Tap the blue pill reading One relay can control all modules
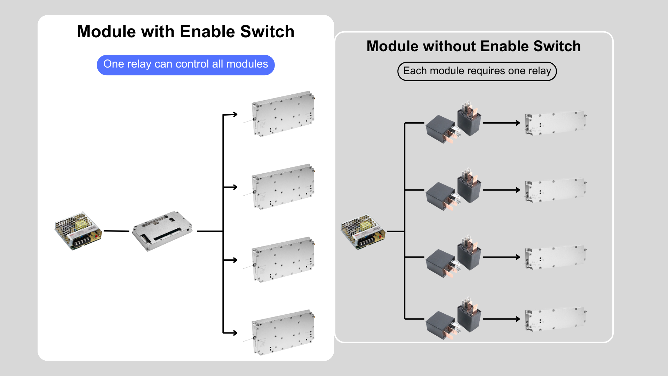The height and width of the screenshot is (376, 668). [x=185, y=65]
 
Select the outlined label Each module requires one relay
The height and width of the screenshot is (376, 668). [x=477, y=71]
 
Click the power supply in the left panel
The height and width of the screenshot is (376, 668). [x=78, y=230]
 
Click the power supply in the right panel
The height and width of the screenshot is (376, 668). [x=363, y=232]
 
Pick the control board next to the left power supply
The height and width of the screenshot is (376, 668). [x=162, y=230]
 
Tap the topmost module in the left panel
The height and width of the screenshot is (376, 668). [x=283, y=114]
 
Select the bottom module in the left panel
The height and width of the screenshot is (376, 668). [x=283, y=332]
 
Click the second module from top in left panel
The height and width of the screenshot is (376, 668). [x=283, y=187]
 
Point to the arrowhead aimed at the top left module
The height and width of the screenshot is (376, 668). [x=235, y=114]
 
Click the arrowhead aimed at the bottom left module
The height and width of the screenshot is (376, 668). [x=235, y=333]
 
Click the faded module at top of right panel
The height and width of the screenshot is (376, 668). [x=555, y=123]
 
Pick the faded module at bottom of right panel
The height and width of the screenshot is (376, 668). [x=555, y=319]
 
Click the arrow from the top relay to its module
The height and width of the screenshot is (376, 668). [x=501, y=123]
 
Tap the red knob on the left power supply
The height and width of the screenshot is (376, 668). [x=96, y=236]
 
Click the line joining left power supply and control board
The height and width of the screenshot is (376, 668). [x=116, y=231]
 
